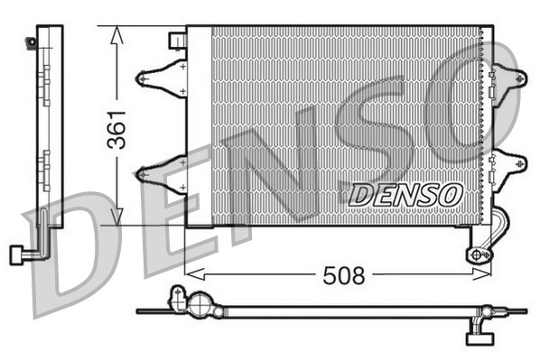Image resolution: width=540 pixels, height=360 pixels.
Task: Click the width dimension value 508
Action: coord(344,274)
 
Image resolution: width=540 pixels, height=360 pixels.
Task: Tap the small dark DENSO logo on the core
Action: coord(405,194)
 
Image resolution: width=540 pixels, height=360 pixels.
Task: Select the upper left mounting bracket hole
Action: coord(142,78)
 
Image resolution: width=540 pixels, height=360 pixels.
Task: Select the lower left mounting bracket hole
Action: coord(142,173)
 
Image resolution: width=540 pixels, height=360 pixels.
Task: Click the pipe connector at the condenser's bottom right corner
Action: coord(478,254)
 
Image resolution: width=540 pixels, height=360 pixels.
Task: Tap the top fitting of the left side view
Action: coord(33,41)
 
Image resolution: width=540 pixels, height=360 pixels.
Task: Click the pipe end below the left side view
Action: coord(15,254)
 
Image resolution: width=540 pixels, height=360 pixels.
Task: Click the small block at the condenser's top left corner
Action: coord(178,42)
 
